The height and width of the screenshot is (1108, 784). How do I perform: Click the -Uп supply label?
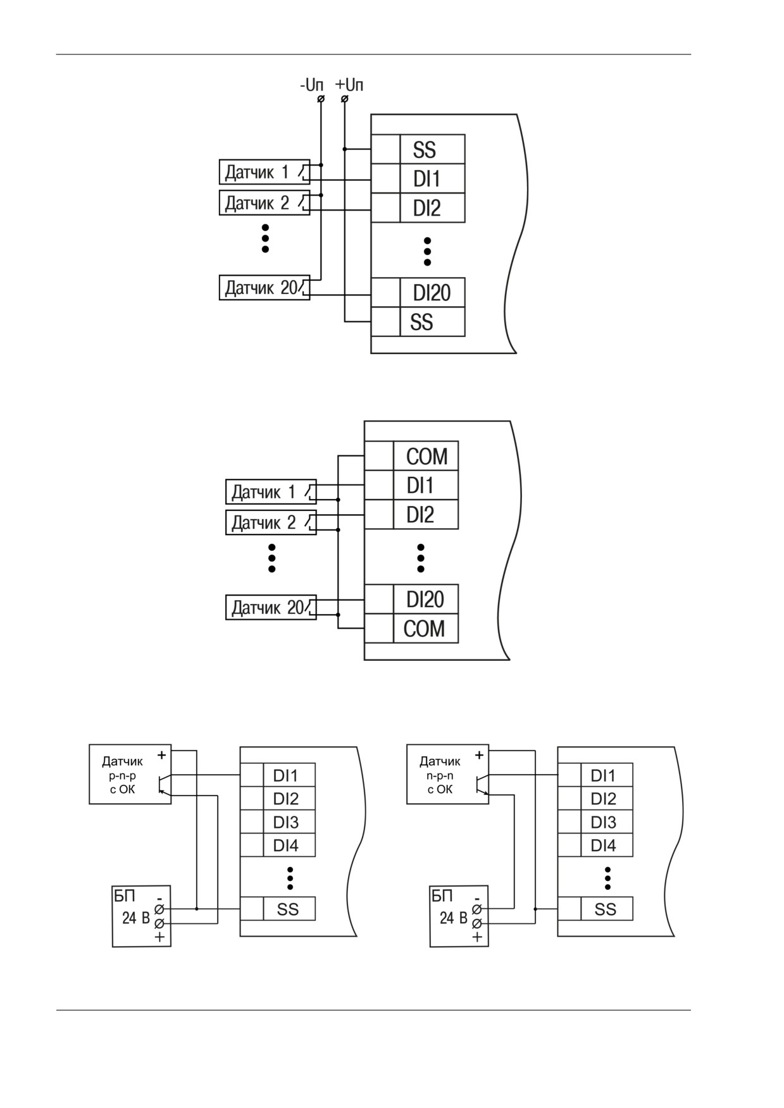pos(311,85)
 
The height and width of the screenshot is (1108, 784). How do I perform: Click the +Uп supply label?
pos(349,85)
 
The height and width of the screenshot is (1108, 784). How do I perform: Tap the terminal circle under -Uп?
pos(321,99)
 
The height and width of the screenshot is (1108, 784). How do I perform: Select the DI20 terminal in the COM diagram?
pos(425,599)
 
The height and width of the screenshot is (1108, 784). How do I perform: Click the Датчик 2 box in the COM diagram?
pos(271,522)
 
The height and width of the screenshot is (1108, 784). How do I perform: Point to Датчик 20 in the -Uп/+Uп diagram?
pos(264,288)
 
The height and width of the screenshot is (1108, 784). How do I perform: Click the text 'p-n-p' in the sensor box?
pos(123,775)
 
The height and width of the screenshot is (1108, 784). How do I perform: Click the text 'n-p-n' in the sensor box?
pos(440,775)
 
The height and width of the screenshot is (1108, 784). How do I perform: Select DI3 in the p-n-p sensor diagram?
pos(285,822)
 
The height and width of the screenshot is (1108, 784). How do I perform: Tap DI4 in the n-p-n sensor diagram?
pos(603,846)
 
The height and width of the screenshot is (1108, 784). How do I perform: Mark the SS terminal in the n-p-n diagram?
pos(606,909)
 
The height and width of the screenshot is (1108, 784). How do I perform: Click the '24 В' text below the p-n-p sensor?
pos(135,918)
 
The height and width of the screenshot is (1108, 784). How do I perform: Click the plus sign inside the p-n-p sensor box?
pos(161,754)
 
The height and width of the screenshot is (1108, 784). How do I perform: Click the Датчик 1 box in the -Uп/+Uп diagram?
pos(264,172)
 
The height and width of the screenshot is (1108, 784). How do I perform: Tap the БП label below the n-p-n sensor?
pos(442,896)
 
